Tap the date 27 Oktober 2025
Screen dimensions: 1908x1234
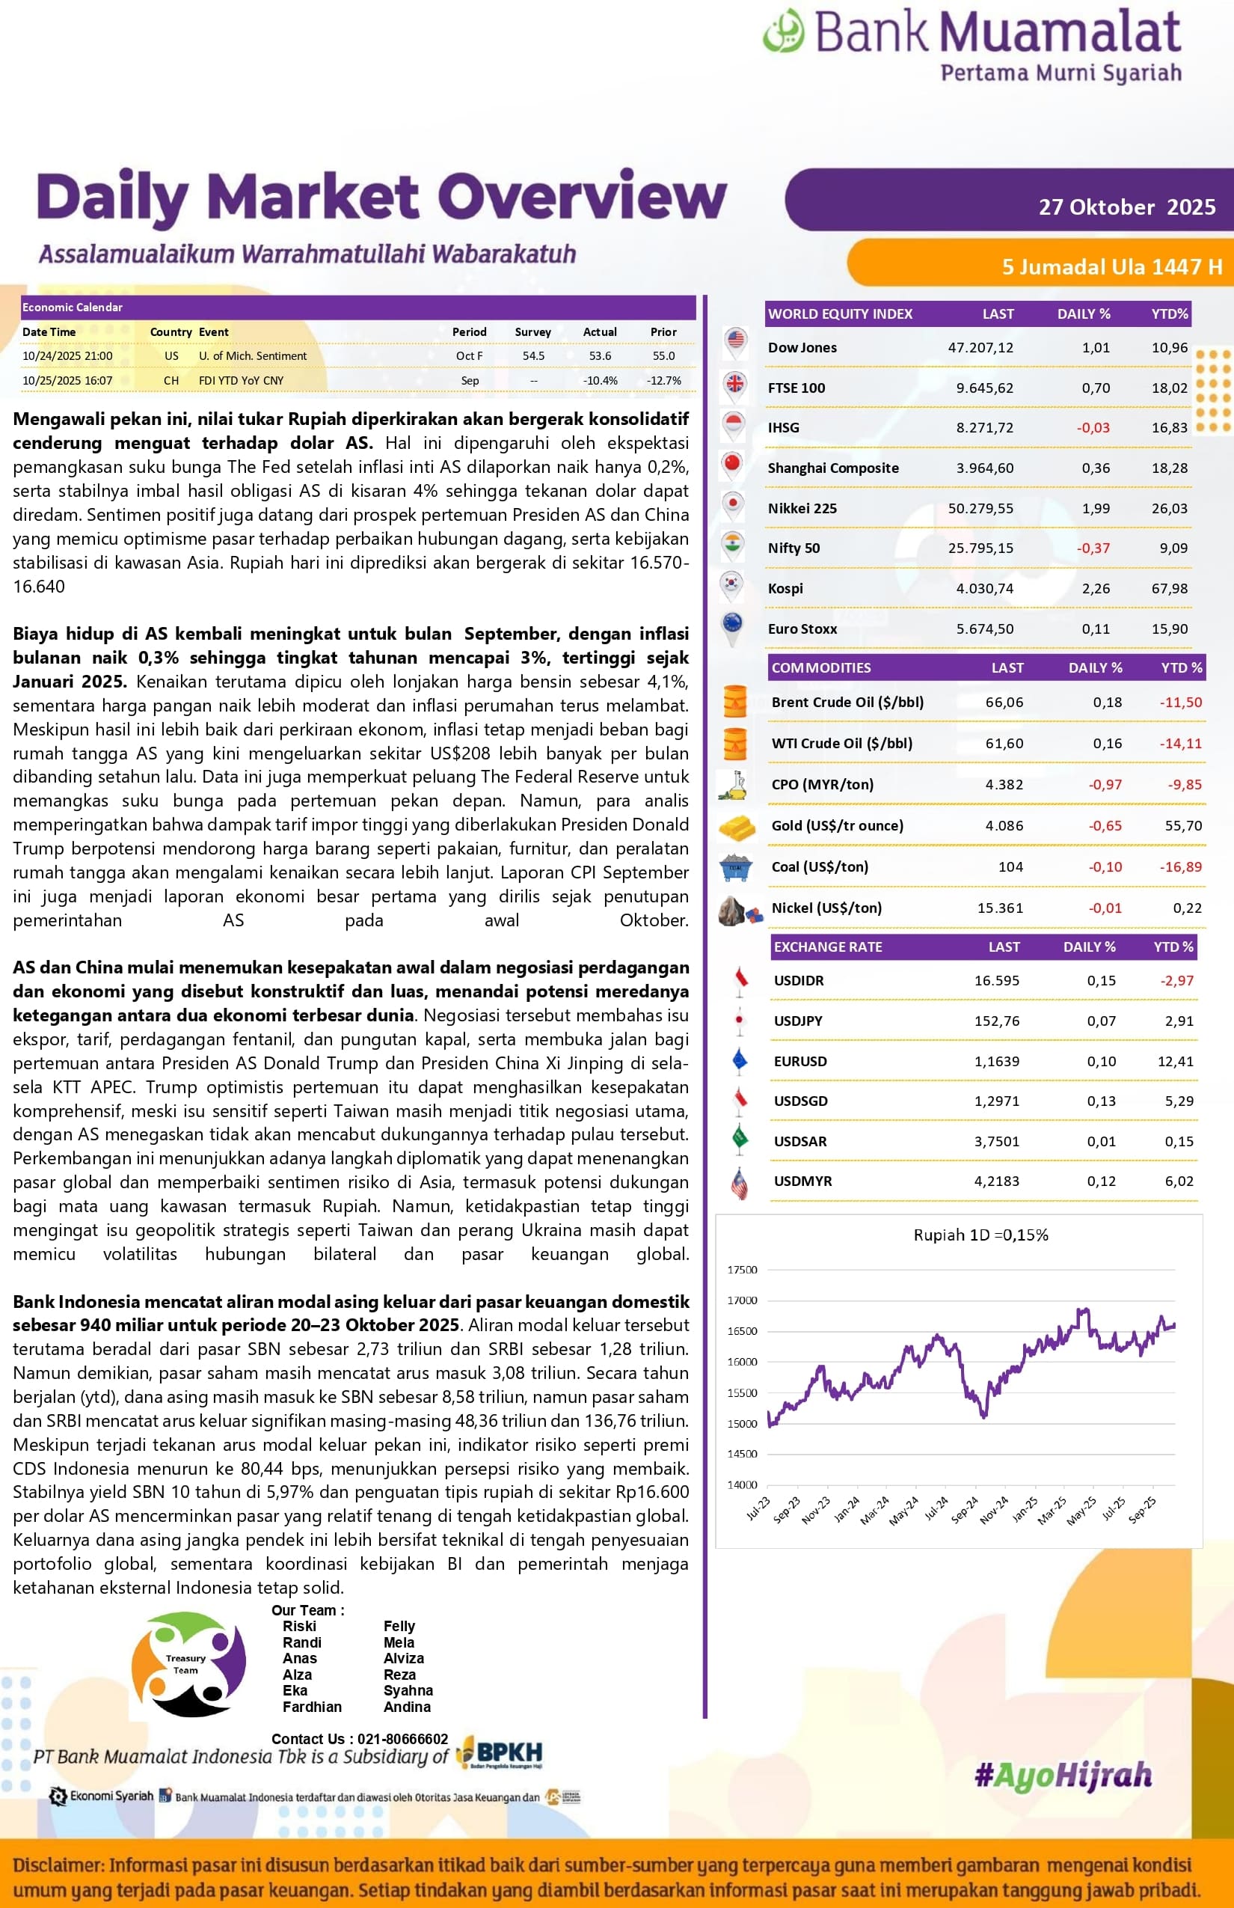(x=1126, y=207)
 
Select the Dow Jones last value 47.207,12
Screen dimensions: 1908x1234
(x=980, y=347)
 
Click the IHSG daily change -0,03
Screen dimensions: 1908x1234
(x=1093, y=427)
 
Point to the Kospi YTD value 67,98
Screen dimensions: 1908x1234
(x=1169, y=588)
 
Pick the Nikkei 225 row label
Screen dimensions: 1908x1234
(x=802, y=508)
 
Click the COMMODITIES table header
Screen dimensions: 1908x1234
(x=821, y=667)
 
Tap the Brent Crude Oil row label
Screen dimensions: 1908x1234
(x=847, y=703)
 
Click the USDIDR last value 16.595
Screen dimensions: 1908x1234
(x=997, y=980)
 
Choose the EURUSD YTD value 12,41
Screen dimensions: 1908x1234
(x=1176, y=1062)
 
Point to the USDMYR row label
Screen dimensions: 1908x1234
(x=803, y=1181)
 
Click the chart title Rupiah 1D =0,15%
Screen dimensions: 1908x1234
(x=980, y=1235)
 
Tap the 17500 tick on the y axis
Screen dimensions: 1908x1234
(x=742, y=1270)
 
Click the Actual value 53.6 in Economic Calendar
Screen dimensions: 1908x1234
(x=600, y=356)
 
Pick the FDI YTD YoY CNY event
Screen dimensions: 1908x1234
(x=241, y=381)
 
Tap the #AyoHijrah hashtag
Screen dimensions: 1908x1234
(x=1063, y=1776)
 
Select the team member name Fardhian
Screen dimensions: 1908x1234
(x=312, y=1707)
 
